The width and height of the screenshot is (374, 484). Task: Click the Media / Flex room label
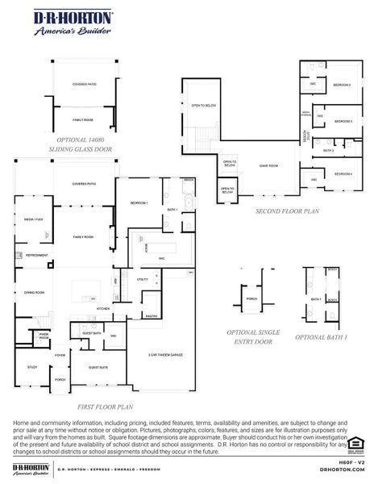coord(33,219)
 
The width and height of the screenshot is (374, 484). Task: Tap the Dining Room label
coord(34,292)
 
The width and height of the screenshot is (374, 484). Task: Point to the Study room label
coord(32,367)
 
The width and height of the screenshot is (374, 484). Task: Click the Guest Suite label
coord(98,367)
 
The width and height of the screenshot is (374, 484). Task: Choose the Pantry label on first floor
coord(152,316)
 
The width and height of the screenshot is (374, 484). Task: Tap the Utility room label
coord(143,279)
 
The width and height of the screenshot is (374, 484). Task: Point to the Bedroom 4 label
coord(343,173)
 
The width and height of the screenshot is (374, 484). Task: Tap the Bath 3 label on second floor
coord(328,150)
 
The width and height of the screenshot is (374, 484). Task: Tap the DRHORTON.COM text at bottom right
coord(342,469)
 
